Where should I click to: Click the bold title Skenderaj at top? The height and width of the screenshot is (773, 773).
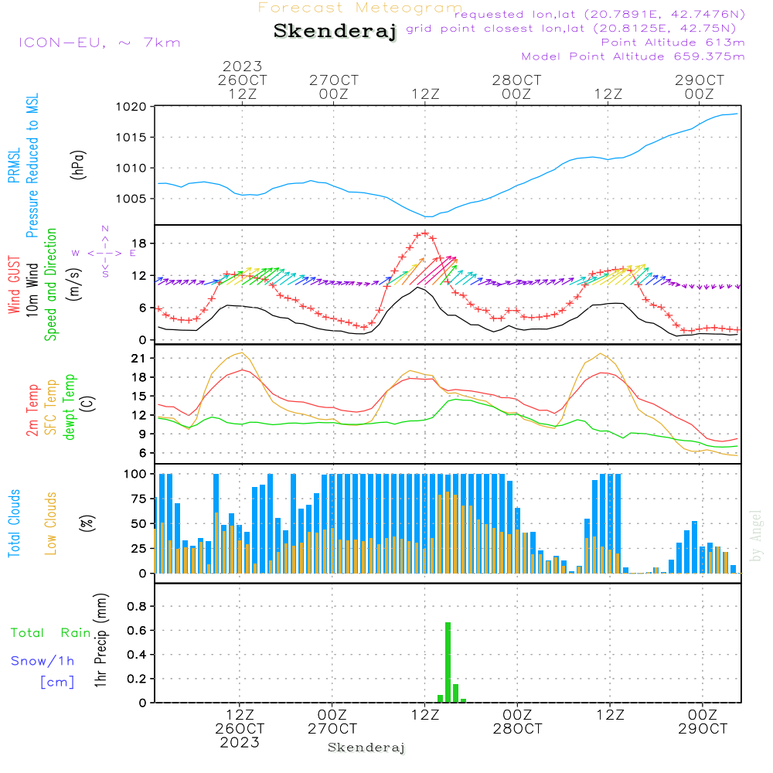[x=335, y=32]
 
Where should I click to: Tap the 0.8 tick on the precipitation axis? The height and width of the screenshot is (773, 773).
[x=137, y=607]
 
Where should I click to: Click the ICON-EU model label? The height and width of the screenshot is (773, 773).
[x=99, y=43]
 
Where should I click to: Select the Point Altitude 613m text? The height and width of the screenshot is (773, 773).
[x=673, y=43]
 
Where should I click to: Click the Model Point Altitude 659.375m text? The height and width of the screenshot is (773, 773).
[x=633, y=56]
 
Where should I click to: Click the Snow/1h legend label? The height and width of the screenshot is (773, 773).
[x=43, y=661]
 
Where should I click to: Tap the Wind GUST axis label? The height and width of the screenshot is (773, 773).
[x=15, y=286]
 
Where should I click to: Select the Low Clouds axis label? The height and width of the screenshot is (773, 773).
[x=52, y=523]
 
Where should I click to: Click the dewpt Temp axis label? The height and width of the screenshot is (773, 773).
[x=70, y=407]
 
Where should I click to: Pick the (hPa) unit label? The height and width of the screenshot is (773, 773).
[x=78, y=164]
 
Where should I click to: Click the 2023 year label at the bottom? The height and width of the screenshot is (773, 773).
[x=240, y=743]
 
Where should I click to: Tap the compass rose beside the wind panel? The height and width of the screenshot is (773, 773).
[x=104, y=252]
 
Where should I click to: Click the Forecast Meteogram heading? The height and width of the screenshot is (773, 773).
[x=360, y=8]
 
